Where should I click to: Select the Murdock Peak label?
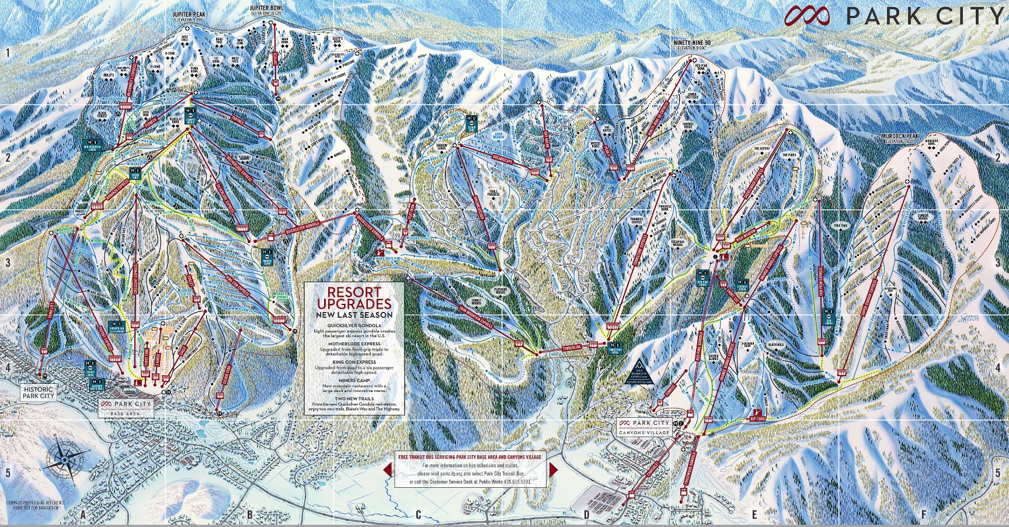coord(911,138)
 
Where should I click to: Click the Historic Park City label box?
coord(39,392)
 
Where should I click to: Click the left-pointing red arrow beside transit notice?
coord(387,470)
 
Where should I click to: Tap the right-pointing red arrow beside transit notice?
coord(553,470)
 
